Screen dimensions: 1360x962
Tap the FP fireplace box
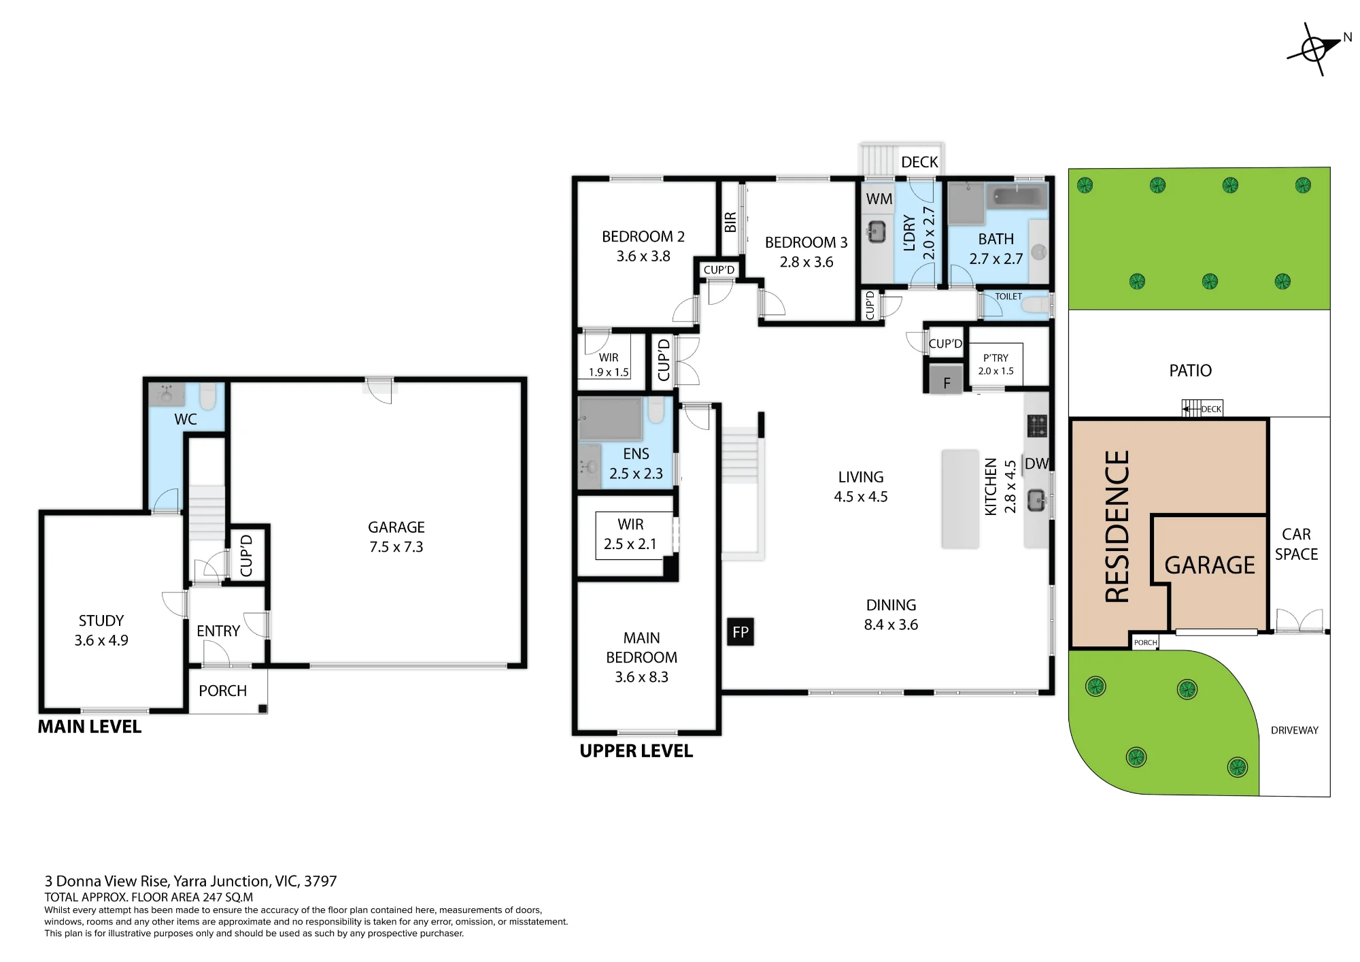point(741,632)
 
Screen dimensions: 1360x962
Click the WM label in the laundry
point(879,199)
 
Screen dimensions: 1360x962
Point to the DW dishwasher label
point(1036,464)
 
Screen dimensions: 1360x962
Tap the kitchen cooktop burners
point(1037,426)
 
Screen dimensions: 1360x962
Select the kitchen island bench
point(960,499)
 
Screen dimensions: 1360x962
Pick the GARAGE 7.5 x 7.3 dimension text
point(396,547)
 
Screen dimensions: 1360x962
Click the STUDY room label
point(101,620)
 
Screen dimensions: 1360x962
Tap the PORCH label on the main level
point(222,691)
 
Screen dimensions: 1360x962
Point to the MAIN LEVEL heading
point(90,727)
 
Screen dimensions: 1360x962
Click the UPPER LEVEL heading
point(636,751)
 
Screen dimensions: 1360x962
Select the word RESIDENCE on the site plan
point(1117,527)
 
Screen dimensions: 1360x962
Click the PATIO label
point(1190,371)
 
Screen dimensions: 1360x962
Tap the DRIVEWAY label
point(1295,730)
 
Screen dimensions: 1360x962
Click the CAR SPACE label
point(1296,544)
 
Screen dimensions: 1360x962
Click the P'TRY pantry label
point(996,358)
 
